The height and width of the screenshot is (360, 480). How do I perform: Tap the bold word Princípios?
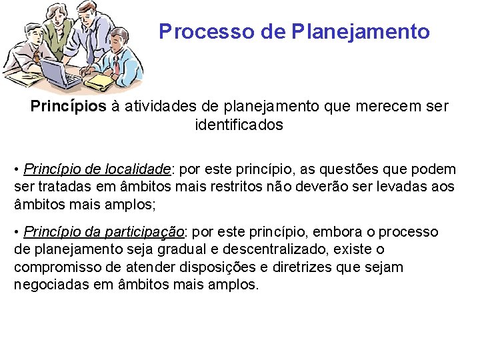68,107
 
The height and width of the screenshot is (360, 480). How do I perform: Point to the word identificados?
239,125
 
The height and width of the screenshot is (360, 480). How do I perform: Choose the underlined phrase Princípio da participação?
104,232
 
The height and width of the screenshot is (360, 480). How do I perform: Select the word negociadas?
49,285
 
